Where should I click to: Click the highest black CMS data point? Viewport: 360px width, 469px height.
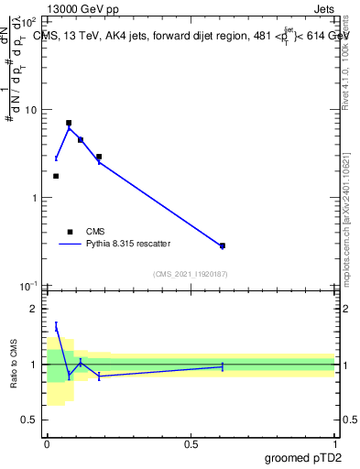coord(69,123)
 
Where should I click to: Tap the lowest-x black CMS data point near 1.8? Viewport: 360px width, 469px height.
coord(56,176)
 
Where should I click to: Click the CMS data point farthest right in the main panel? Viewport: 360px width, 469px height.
coord(223,245)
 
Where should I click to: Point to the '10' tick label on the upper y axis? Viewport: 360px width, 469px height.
coord(32,110)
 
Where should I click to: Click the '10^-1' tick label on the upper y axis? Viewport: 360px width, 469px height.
coord(30,287)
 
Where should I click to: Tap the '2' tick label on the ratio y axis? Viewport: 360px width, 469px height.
coord(36,309)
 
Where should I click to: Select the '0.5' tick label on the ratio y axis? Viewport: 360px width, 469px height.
coord(31,420)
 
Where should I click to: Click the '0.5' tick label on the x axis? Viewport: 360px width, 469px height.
coord(191,443)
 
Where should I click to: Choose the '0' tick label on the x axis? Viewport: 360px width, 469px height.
coord(47,443)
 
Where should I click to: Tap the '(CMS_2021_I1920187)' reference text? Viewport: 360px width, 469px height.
coord(191,274)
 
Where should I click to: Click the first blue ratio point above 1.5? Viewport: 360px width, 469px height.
coord(56,326)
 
